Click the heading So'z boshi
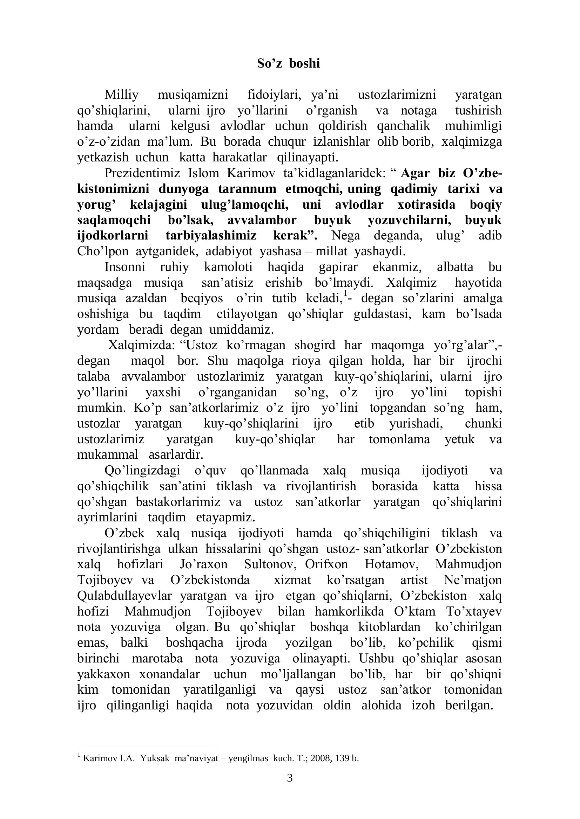point(289,63)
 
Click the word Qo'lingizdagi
point(142,471)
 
